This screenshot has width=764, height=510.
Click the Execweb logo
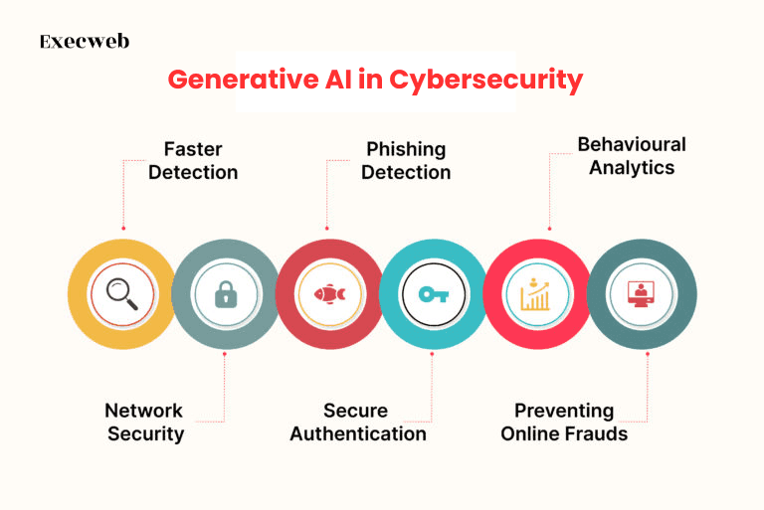pyautogui.click(x=85, y=42)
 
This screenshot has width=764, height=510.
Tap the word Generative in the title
pyautogui.click(x=243, y=80)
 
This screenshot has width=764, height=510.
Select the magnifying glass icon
pyautogui.click(x=121, y=293)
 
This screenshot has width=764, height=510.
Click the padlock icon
pyautogui.click(x=226, y=294)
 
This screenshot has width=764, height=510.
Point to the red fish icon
pyautogui.click(x=329, y=294)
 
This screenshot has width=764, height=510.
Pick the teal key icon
pyautogui.click(x=433, y=294)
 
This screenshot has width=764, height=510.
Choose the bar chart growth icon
pyautogui.click(x=535, y=294)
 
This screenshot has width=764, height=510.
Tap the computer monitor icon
pyautogui.click(x=641, y=294)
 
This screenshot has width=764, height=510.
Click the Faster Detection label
pyautogui.click(x=193, y=161)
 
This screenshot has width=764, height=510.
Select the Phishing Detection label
pyautogui.click(x=406, y=161)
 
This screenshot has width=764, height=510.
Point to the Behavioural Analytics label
pyautogui.click(x=632, y=156)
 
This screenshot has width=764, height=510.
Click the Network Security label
pyautogui.click(x=144, y=423)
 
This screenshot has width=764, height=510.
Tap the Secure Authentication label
pyautogui.click(x=358, y=423)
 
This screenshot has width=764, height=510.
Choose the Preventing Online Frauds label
pyautogui.click(x=564, y=423)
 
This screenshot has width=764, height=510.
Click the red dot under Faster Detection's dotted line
pyautogui.click(x=123, y=228)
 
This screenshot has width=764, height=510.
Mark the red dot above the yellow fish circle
pyautogui.click(x=327, y=228)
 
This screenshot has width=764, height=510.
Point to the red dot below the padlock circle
pyautogui.click(x=225, y=354)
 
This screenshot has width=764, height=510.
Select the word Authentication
pyautogui.click(x=358, y=433)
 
